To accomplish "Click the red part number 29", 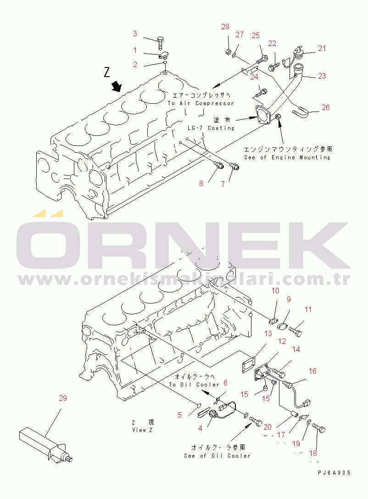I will click(x=63, y=398).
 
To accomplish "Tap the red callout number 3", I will click(x=135, y=34).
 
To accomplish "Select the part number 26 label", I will click(x=326, y=108).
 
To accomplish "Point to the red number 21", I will click(x=322, y=48).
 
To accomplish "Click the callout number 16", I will click(x=312, y=371).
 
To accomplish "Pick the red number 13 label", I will click(x=268, y=332).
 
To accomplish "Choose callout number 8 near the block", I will click(x=201, y=184).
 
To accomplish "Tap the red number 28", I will click(x=225, y=27).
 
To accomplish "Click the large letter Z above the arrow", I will click(x=107, y=72).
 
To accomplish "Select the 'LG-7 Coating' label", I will click(x=211, y=128).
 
